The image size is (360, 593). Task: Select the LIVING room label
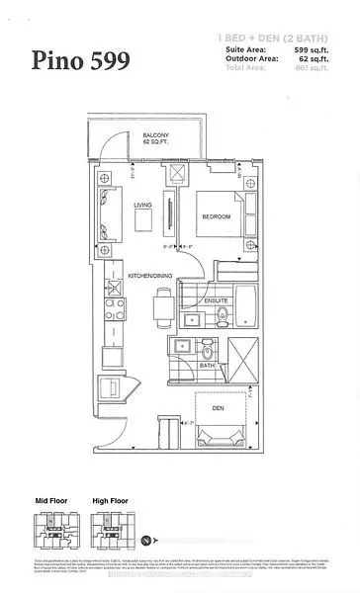click(141, 205)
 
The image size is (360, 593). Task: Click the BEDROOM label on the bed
click(216, 215)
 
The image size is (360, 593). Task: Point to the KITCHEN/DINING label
click(149, 276)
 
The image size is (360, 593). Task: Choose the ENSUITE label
click(217, 298)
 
